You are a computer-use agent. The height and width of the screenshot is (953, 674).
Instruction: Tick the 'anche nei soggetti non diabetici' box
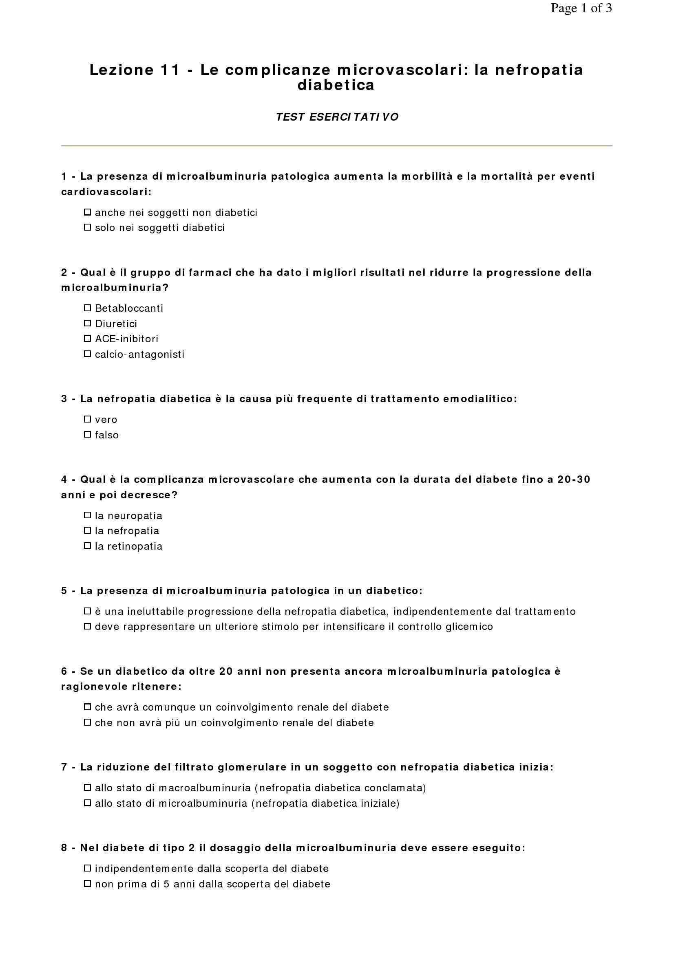(87, 212)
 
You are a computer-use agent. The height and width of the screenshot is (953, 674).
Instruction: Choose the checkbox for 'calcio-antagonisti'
(87, 354)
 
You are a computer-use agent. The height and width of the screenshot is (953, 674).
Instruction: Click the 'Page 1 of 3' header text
(581, 8)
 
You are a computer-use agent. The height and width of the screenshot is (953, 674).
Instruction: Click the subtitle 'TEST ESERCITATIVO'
(337, 117)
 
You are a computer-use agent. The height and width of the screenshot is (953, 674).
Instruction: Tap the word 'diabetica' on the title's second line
(336, 85)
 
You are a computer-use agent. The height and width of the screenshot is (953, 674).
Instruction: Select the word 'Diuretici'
(116, 324)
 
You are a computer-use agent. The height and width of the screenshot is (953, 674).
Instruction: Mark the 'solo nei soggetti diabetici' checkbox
(87, 227)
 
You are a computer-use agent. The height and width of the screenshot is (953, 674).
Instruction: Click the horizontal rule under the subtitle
(336, 146)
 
